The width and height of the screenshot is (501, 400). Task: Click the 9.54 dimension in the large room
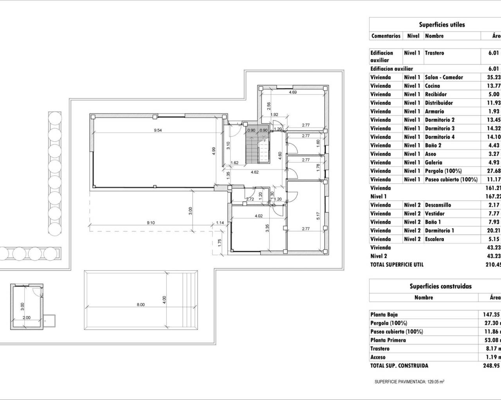(x=158, y=130)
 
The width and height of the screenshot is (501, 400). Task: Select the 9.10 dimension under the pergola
(x=151, y=223)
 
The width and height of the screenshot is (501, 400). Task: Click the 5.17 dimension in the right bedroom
(x=318, y=215)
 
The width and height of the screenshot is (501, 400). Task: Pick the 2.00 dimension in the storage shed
(x=26, y=318)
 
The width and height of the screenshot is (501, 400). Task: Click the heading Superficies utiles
(x=442, y=25)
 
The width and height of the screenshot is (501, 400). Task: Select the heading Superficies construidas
(x=440, y=286)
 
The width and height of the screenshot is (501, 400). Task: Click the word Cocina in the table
(x=433, y=86)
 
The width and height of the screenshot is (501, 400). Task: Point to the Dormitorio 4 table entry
(x=440, y=137)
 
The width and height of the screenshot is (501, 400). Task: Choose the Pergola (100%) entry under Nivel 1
(x=443, y=171)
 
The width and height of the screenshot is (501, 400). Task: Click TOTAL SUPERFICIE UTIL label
(x=397, y=264)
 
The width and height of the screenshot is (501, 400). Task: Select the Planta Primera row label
(x=388, y=340)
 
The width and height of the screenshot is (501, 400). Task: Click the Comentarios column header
(x=386, y=36)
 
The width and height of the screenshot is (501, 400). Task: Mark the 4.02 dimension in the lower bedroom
(x=258, y=216)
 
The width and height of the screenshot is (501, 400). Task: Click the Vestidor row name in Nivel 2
(x=435, y=214)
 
